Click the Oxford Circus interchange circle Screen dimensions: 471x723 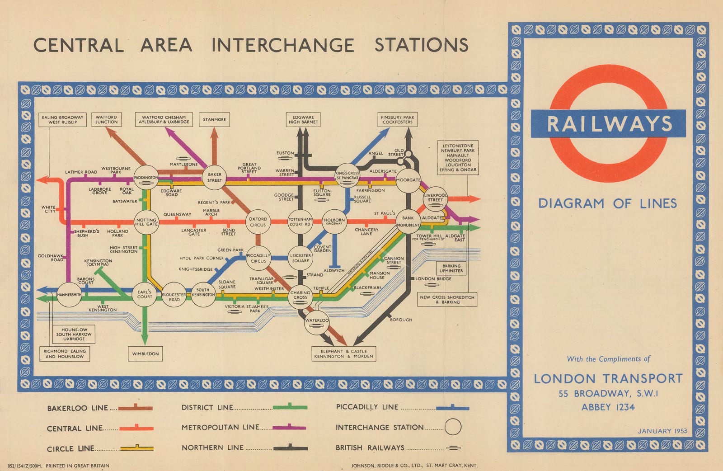tap(258, 221)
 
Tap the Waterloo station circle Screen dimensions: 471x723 tap(317, 321)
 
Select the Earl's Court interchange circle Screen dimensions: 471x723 tap(145, 294)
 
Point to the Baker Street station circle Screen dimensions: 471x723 tap(214, 177)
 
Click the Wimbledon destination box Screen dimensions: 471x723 tap(146, 353)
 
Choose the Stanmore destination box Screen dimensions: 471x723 tap(214, 119)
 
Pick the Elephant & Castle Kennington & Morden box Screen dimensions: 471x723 tap(344, 353)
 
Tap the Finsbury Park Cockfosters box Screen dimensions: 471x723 tap(398, 119)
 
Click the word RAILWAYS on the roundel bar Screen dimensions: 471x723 tap(609, 123)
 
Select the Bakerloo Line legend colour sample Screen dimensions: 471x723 tap(136, 408)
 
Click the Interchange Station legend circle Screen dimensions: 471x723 tap(453, 427)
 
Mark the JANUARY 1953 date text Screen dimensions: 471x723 tap(662, 431)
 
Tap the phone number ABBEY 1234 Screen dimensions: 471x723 tap(608, 407)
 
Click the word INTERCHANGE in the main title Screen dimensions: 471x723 tap(283, 45)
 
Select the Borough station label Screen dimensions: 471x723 tap(401, 320)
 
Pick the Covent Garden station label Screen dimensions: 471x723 tap(322, 249)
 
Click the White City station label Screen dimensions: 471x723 tap(48, 209)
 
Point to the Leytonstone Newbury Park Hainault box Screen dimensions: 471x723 tap(458, 158)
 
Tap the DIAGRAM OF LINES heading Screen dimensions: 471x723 tap(607, 203)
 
